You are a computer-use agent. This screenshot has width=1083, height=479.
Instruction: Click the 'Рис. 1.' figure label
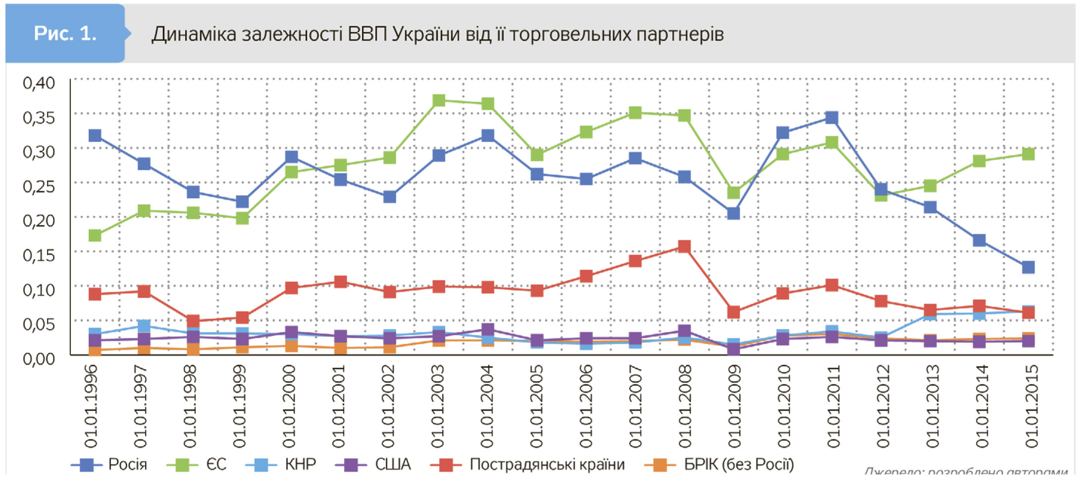65,33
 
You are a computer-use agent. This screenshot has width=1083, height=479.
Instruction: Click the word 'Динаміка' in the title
194,34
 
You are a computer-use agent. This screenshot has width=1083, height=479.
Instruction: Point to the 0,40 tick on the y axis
39,83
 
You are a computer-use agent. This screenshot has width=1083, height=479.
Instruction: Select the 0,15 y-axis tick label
39,255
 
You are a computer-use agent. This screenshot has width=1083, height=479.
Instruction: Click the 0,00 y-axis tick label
39,358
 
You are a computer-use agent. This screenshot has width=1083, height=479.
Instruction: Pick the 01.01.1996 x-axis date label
92,406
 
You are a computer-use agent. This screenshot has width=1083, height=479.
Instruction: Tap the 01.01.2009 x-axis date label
734,406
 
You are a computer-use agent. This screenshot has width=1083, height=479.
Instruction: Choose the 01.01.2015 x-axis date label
1031,406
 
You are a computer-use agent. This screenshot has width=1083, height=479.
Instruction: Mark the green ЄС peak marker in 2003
439,101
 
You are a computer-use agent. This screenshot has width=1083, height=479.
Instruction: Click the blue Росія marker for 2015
1028,267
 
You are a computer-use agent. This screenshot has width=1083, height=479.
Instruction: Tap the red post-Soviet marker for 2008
684,247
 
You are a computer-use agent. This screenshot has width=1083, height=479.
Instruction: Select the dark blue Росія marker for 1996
95,136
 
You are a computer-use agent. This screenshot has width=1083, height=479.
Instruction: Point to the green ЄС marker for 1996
95,235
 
